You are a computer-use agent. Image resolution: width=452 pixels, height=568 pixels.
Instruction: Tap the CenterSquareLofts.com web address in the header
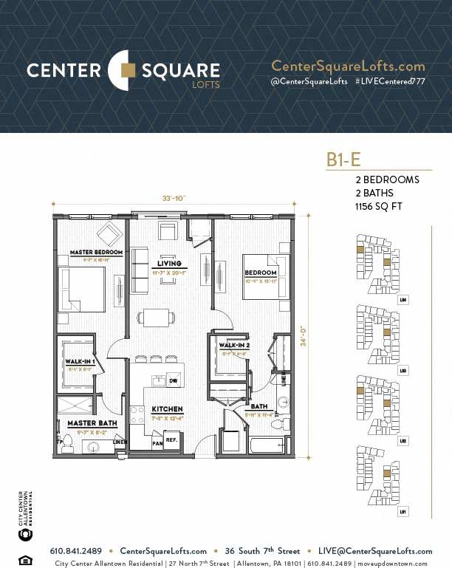coord(348,66)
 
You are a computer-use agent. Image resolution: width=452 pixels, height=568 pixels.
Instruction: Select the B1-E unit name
coord(343,159)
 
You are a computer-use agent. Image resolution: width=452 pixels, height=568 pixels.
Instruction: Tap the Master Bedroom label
coord(96,253)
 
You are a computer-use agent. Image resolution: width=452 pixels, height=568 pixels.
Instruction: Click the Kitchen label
coord(167,409)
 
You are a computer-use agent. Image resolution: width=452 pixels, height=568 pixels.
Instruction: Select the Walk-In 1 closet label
coord(79,361)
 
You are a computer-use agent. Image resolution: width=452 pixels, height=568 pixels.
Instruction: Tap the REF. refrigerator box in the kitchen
coord(171,439)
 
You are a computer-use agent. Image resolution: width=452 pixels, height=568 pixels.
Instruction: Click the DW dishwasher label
coord(173,381)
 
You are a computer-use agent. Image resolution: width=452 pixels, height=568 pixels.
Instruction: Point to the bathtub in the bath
coord(267,445)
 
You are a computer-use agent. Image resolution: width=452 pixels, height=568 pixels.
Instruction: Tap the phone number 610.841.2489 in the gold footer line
coord(76,551)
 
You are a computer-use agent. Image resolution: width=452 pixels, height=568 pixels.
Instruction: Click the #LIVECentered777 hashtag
coord(389,81)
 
